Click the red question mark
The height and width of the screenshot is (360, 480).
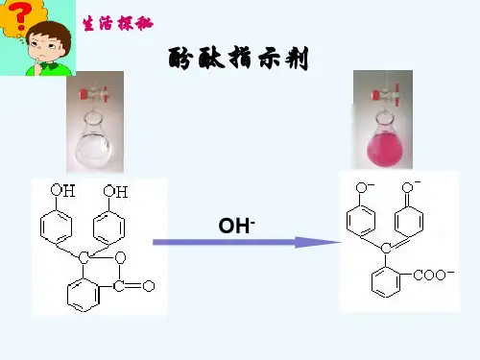[20, 16]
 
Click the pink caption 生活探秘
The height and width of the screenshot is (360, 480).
[118, 23]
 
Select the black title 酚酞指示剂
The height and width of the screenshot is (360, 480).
[238, 59]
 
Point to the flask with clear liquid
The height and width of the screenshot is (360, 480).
[94, 141]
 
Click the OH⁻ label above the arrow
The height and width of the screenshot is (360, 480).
[236, 226]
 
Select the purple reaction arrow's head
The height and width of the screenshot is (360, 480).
[317, 242]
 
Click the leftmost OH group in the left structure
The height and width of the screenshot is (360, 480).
[62, 190]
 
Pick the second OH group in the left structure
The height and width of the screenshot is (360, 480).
[115, 191]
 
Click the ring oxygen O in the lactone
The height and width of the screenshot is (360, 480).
[120, 257]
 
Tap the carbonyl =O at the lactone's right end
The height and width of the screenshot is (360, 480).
[149, 286]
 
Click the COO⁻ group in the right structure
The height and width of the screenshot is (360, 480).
[433, 275]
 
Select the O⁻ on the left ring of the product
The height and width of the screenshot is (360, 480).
[364, 187]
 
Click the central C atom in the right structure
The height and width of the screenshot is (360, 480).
[386, 248]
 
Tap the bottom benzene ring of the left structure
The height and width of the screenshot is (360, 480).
[83, 295]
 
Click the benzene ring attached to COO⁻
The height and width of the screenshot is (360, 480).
[386, 282]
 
